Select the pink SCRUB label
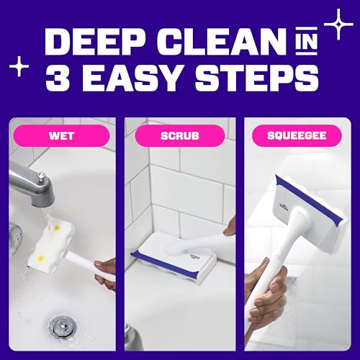[x=180, y=135]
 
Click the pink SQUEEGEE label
[x=297, y=135]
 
